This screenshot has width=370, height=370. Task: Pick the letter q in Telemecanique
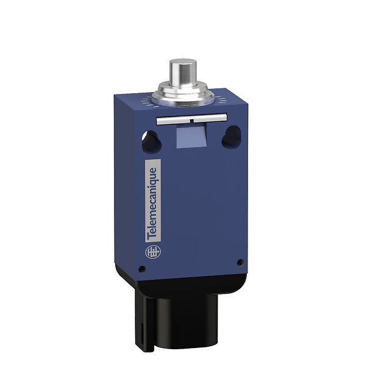(x=154, y=180)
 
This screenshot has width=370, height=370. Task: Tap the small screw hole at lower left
(x=142, y=268)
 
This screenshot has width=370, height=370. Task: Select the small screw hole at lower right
(x=240, y=263)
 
